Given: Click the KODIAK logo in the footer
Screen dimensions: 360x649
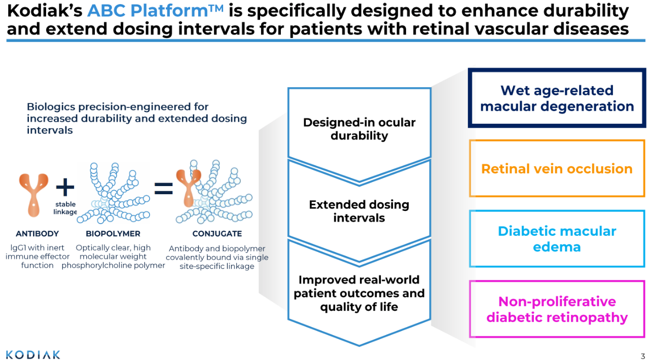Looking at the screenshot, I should click(33, 354).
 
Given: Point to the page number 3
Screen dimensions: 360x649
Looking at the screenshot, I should click(643, 355).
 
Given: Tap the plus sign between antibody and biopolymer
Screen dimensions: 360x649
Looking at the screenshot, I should click(65, 188).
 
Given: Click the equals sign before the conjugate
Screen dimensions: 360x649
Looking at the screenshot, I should click(163, 189).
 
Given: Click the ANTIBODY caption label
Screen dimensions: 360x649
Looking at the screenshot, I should click(37, 234).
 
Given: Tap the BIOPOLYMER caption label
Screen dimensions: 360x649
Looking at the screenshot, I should click(113, 234).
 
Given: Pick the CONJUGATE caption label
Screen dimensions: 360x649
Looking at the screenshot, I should click(217, 234).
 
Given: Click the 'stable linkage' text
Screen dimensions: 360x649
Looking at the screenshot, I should click(65, 208).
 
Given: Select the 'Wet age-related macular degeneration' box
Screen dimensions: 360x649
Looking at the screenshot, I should click(557, 98).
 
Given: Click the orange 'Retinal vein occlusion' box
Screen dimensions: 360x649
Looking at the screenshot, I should click(557, 169).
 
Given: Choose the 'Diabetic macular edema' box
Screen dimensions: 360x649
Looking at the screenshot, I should click(557, 239).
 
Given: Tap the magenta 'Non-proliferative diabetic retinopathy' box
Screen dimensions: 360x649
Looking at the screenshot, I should click(557, 309).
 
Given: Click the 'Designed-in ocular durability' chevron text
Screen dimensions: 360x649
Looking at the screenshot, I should click(359, 129).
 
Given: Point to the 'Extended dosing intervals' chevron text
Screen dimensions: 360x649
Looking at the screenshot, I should click(359, 211).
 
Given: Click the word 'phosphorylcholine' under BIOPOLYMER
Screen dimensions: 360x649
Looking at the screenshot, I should click(94, 265).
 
